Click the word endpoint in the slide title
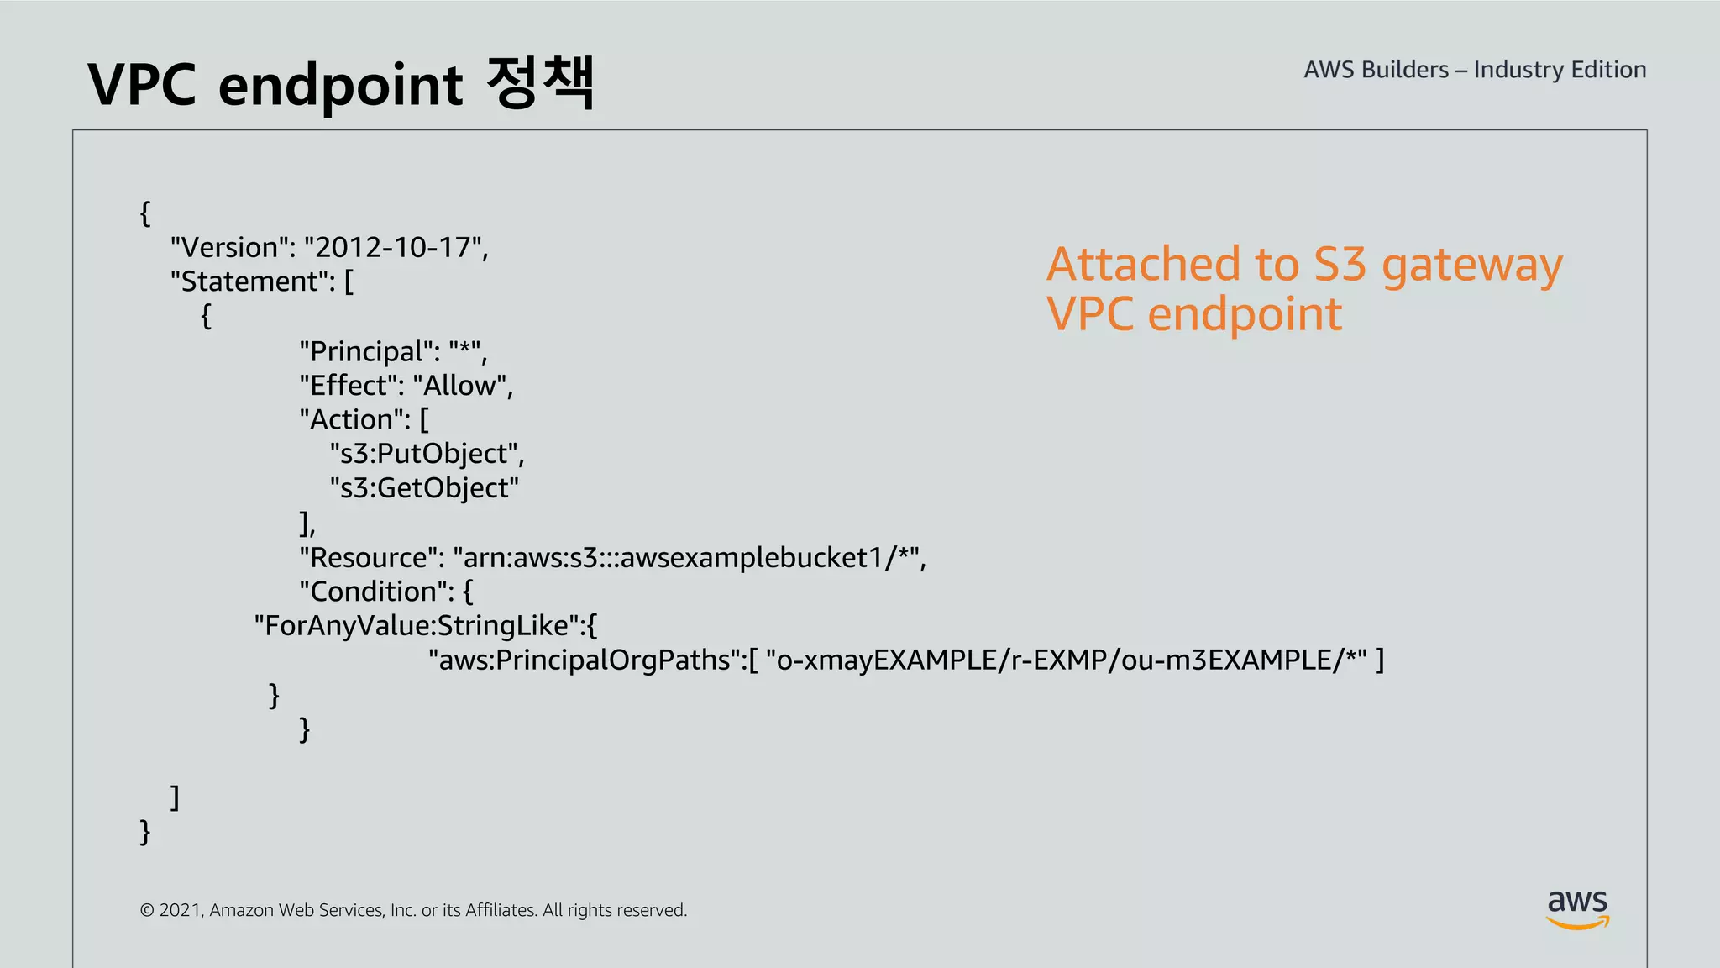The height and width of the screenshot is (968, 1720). click(340, 86)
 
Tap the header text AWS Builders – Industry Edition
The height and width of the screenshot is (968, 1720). click(1475, 70)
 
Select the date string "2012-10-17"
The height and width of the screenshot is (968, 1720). click(393, 248)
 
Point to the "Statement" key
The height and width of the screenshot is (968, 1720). click(251, 281)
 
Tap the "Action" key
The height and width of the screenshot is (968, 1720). click(354, 419)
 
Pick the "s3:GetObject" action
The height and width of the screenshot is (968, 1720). click(424, 488)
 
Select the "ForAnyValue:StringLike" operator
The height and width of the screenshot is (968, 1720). click(417, 626)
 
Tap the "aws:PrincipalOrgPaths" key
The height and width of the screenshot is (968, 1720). click(585, 660)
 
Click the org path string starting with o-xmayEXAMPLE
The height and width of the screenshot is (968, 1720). click(1066, 660)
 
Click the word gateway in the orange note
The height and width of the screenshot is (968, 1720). click(1471, 266)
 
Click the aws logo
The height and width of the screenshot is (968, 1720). click(1577, 908)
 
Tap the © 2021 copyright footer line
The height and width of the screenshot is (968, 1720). click(413, 910)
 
